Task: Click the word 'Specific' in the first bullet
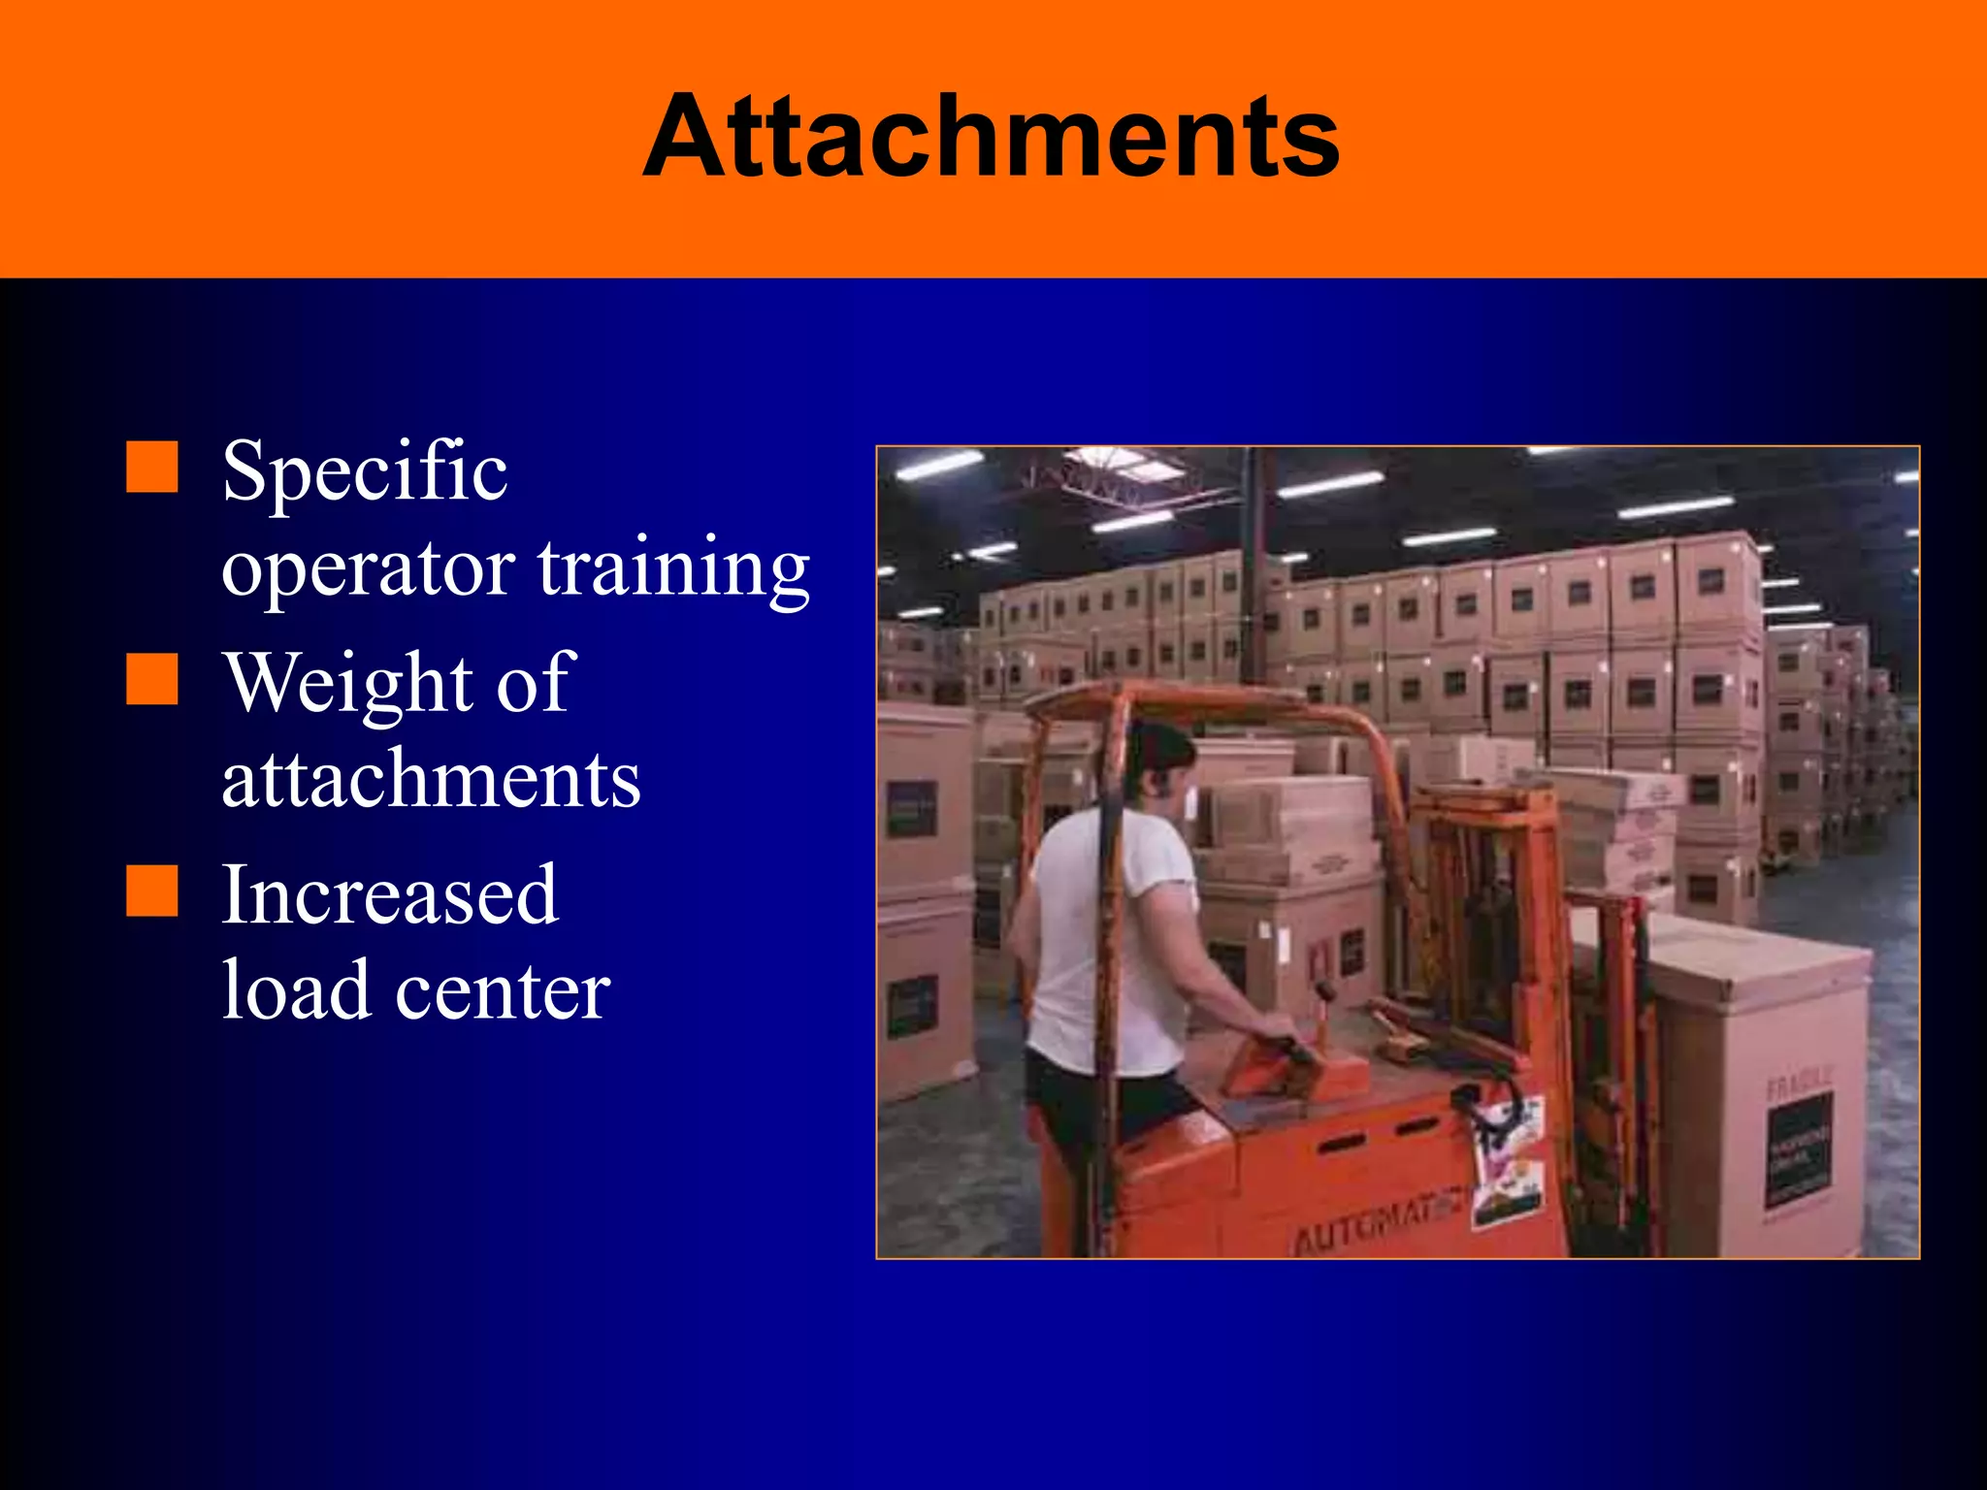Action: click(365, 471)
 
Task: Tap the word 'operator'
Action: click(369, 570)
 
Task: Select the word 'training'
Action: click(673, 570)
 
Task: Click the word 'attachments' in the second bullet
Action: click(431, 780)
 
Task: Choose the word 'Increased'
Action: click(390, 894)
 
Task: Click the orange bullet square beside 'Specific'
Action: click(152, 468)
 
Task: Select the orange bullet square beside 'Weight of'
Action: click(152, 679)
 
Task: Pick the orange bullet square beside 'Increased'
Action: click(152, 891)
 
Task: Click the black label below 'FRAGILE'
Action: click(1800, 1150)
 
